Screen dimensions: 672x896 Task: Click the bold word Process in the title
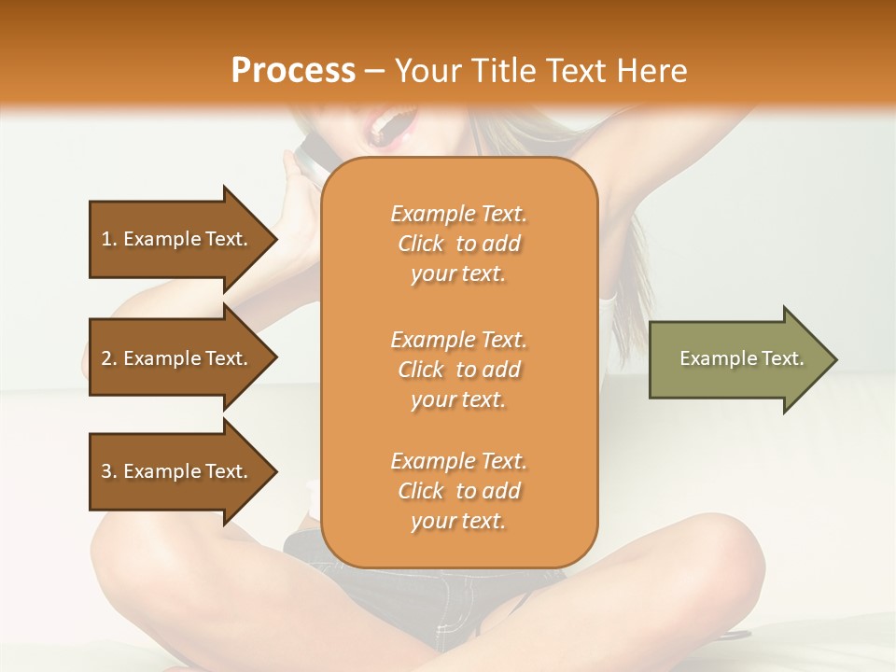click(x=293, y=70)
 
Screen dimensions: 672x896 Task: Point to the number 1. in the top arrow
click(x=109, y=239)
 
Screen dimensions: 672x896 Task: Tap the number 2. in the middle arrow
click(x=109, y=358)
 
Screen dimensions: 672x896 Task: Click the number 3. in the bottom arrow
click(x=109, y=471)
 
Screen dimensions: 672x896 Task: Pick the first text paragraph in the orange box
click(x=458, y=244)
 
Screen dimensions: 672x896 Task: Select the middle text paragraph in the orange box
click(x=458, y=369)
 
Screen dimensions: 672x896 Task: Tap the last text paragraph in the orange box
click(x=458, y=491)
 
